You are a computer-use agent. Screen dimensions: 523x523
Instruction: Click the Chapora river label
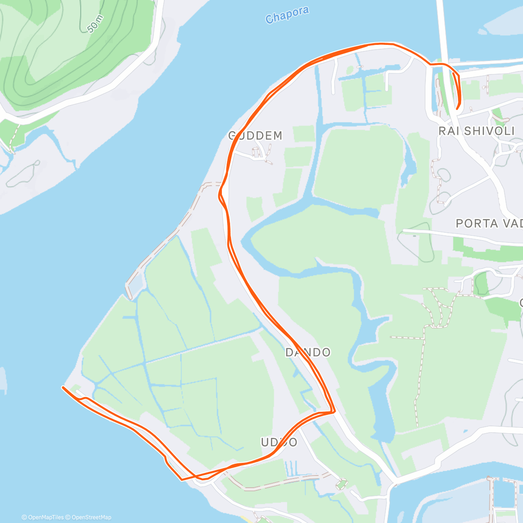click(287, 15)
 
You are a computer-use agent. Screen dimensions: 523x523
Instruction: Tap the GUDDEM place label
click(256, 136)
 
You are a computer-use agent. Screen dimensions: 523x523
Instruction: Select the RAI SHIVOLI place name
click(477, 131)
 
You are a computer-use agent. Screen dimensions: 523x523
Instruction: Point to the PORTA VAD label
click(489, 224)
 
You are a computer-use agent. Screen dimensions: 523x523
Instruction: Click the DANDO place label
click(308, 353)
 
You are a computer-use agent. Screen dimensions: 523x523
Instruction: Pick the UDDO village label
click(279, 442)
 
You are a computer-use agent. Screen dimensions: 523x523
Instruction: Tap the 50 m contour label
click(95, 24)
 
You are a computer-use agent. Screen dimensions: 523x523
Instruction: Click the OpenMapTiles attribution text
click(43, 517)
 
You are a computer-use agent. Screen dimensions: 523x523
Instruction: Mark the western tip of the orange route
click(64, 387)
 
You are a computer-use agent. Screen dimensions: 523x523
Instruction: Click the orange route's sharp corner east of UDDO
click(333, 411)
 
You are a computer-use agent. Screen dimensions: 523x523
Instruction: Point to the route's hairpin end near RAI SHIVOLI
click(457, 107)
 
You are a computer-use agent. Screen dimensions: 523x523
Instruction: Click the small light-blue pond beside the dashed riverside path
click(135, 285)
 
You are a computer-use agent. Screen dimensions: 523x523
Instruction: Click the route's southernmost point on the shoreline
click(182, 479)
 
